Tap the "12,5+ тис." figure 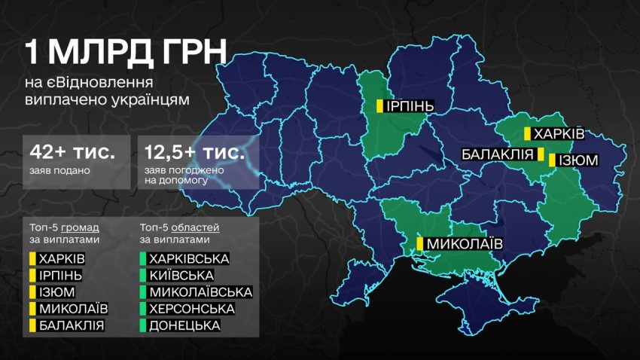point(194,152)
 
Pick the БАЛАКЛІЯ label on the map point(498,154)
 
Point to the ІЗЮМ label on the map point(578,160)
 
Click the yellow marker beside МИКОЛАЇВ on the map point(420,244)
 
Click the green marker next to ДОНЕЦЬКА point(142,325)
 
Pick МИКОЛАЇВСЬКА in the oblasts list point(200,292)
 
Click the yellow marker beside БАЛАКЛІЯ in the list point(32,325)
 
